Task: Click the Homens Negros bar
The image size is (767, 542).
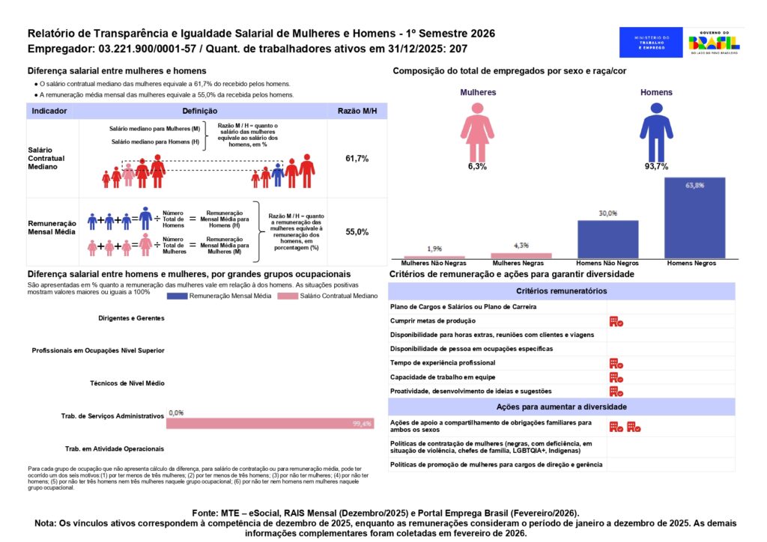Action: pyautogui.click(x=694, y=219)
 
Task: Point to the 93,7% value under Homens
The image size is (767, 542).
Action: pyautogui.click(x=656, y=167)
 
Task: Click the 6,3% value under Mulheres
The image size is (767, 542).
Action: pyautogui.click(x=477, y=167)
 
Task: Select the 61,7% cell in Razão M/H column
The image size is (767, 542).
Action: pyautogui.click(x=357, y=159)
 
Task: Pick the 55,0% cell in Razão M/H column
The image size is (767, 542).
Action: pyautogui.click(x=357, y=232)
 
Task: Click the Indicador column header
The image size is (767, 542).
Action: pyautogui.click(x=49, y=111)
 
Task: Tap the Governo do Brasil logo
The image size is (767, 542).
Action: pyautogui.click(x=714, y=43)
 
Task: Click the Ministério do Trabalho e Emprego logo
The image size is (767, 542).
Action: pyautogui.click(x=651, y=43)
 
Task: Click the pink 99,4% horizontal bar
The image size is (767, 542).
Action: pyautogui.click(x=270, y=424)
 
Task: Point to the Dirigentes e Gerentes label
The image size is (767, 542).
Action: pyautogui.click(x=131, y=318)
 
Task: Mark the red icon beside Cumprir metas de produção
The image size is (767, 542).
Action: pyautogui.click(x=616, y=321)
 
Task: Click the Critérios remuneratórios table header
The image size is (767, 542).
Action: pyautogui.click(x=562, y=291)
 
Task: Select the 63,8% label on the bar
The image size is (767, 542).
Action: pyautogui.click(x=694, y=185)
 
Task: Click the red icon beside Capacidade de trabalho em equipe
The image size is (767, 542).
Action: pyautogui.click(x=616, y=377)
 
